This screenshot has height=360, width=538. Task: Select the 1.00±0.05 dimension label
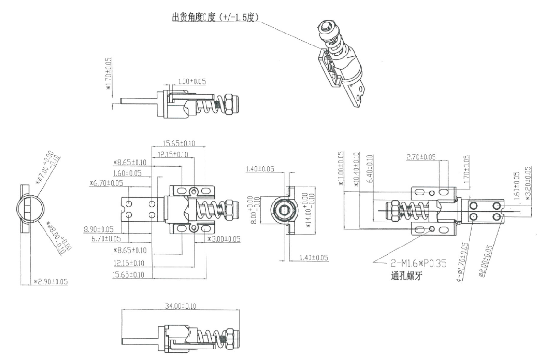click(192, 81)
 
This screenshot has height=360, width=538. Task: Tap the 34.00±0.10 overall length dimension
click(180, 306)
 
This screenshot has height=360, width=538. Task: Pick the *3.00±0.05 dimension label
click(224, 239)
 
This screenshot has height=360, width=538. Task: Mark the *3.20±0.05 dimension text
click(528, 183)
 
